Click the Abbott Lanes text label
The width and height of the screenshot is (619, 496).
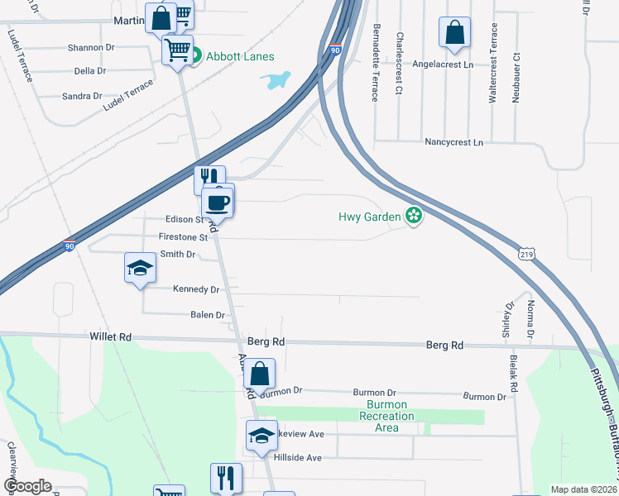click(240, 56)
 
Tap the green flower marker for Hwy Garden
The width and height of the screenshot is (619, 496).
click(414, 217)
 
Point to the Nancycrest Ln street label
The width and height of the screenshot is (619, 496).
click(453, 142)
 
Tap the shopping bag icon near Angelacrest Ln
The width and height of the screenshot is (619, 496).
click(454, 33)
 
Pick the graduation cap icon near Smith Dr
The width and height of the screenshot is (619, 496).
click(140, 268)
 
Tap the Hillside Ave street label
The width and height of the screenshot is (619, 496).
click(302, 457)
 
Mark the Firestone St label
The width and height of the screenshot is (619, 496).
click(182, 237)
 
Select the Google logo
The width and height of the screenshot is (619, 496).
click(27, 486)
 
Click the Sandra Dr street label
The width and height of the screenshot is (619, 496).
click(82, 97)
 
